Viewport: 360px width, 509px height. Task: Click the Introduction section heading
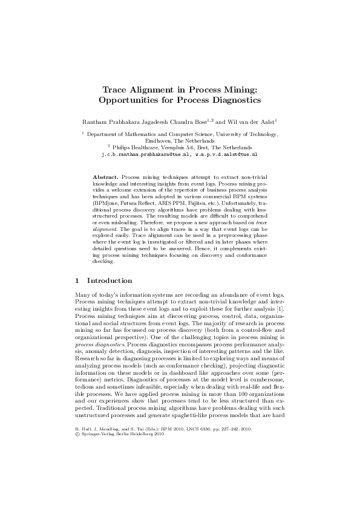click(x=110, y=280)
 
